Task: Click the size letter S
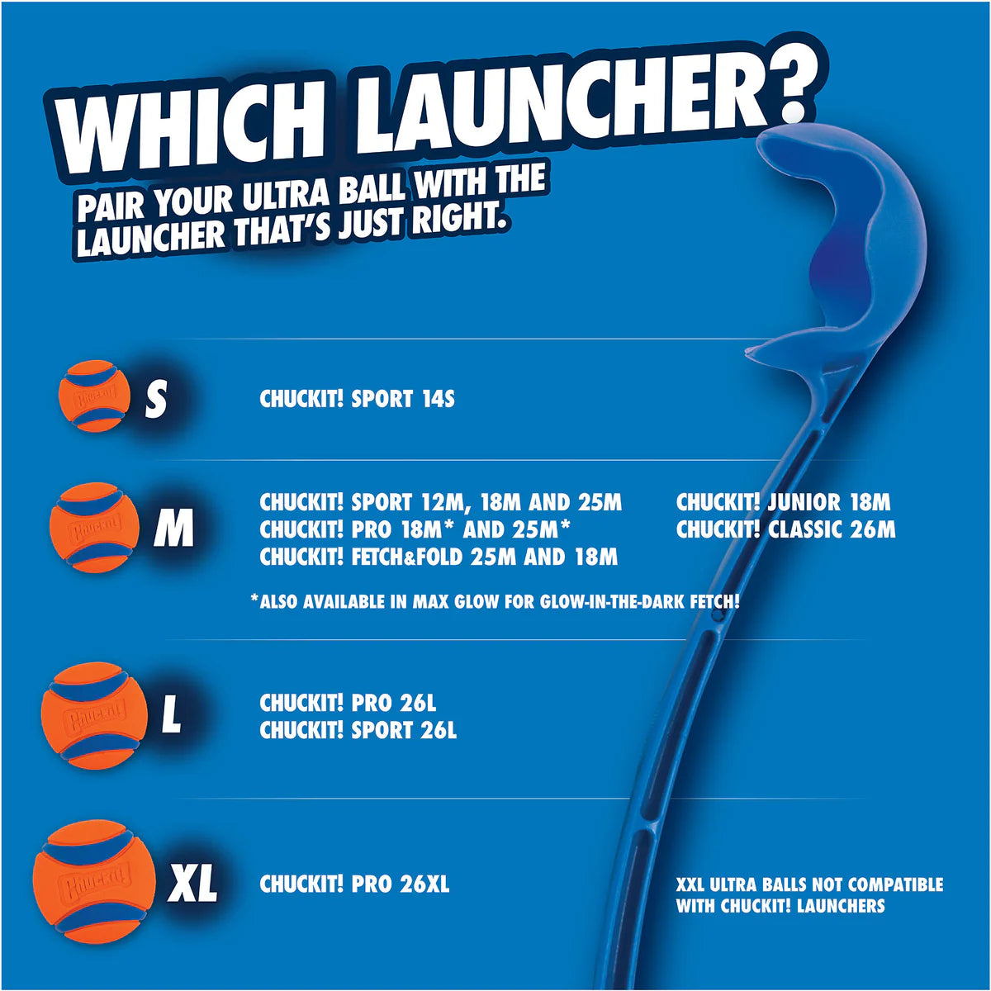click(155, 400)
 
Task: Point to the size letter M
click(173, 529)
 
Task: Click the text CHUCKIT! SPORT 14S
click(357, 400)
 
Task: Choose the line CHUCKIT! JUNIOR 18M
click(783, 502)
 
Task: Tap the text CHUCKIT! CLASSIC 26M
click(785, 529)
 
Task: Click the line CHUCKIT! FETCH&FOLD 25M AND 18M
click(439, 557)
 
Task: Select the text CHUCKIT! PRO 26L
click(348, 704)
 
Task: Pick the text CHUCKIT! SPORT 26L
click(358, 731)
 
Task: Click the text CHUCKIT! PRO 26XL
click(354, 884)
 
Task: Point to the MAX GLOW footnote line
click(494, 602)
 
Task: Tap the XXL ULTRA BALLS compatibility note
click(808, 895)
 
